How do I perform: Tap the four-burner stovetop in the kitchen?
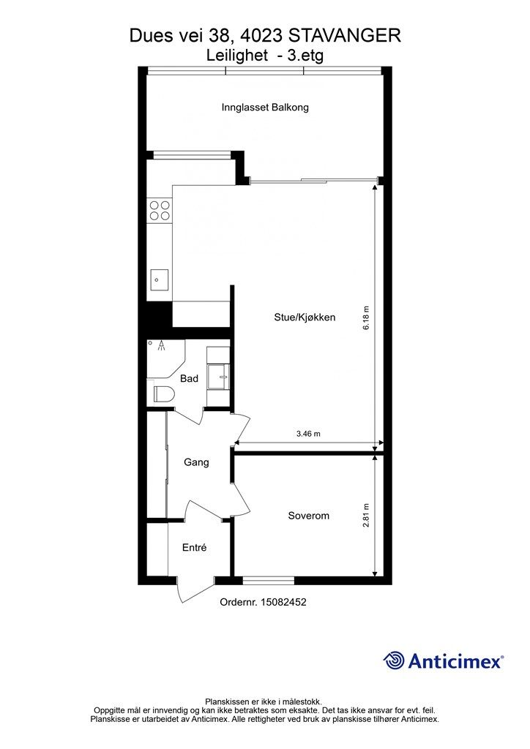pos(160,211)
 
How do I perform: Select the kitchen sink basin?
pos(160,280)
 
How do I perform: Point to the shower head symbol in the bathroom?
pos(163,345)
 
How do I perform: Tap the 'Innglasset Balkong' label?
pos(265,107)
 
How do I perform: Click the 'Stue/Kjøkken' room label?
pos(305,317)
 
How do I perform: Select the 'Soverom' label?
pos(308,516)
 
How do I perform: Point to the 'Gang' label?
pos(196,462)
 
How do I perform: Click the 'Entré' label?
pos(194,547)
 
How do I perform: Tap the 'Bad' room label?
pos(189,378)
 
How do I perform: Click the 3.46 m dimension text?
pos(308,434)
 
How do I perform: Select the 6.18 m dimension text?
pos(366,317)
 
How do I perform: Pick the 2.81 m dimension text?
pos(366,515)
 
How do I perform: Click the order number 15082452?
pos(283,602)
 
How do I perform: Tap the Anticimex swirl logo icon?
pos(393,660)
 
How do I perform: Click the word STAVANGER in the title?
pos(345,36)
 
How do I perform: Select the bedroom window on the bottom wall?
pos(268,580)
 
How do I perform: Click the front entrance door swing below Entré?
pos(195,590)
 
